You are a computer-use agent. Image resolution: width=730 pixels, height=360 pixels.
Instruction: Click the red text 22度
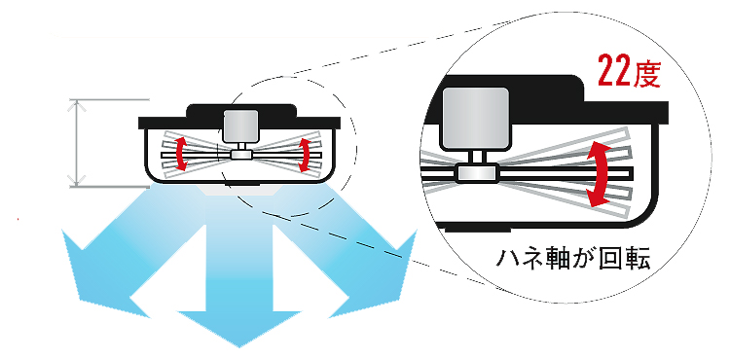click(629, 70)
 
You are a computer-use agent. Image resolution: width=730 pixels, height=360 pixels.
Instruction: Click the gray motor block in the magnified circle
click(474, 119)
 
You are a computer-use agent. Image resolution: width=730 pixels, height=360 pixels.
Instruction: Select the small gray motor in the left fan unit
click(240, 126)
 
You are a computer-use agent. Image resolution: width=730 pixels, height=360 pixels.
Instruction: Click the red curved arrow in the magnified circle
click(599, 174)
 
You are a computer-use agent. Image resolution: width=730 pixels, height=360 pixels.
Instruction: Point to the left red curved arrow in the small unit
click(181, 153)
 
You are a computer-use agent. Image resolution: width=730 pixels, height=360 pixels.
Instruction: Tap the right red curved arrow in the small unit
click(306, 155)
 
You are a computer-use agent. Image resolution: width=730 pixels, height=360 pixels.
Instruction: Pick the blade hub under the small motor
click(241, 155)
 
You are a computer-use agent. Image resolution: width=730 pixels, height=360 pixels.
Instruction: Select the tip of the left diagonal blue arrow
click(64, 232)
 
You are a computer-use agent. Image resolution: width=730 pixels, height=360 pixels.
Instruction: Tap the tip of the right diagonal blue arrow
click(416, 232)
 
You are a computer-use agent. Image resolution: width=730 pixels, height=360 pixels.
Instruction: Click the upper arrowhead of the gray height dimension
click(76, 100)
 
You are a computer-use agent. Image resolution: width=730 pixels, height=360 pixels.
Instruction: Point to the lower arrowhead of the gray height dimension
click(76, 186)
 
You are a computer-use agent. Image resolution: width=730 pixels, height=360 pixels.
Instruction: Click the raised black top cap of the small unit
click(240, 111)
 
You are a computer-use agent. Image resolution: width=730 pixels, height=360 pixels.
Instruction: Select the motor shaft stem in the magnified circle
click(474, 159)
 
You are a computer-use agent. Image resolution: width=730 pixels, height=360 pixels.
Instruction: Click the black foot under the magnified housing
click(478, 230)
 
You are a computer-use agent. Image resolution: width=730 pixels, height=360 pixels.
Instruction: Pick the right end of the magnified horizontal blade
click(634, 173)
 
